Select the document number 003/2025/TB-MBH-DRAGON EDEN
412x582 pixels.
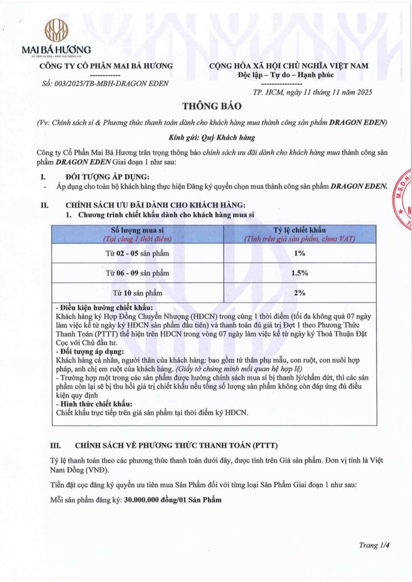[x=98, y=84]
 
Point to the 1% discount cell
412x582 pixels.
[x=299, y=253]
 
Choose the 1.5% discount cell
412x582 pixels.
[x=299, y=273]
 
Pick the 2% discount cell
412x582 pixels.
[x=299, y=293]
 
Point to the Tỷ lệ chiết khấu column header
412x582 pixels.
[x=299, y=230]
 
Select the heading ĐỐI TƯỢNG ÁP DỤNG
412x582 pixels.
[x=108, y=177]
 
